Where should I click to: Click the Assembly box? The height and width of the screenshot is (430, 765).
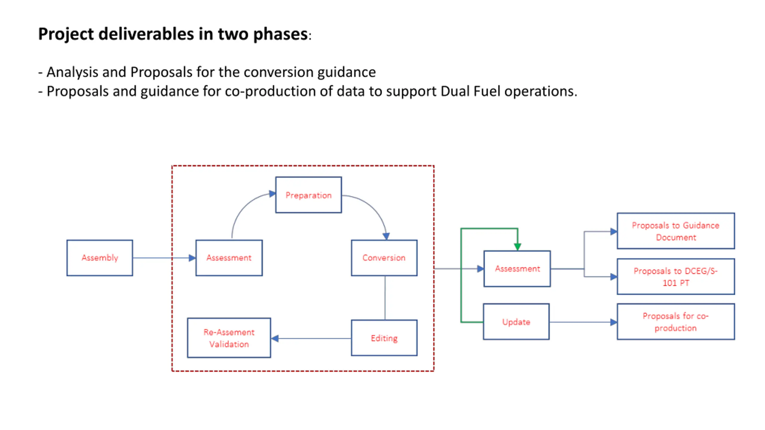[100, 258]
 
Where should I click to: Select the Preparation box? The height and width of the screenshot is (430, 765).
[308, 195]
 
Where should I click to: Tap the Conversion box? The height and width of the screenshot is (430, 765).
[384, 258]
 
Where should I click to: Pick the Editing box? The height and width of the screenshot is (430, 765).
[384, 338]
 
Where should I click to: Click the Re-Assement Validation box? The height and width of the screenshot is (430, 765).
[229, 338]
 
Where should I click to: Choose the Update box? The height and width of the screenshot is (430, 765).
[516, 322]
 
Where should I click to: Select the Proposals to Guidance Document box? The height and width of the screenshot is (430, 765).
[676, 231]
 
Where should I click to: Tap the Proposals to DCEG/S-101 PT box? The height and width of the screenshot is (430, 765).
[676, 277]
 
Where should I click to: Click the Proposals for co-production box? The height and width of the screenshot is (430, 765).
[676, 322]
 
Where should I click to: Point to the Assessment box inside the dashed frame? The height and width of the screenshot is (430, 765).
[229, 258]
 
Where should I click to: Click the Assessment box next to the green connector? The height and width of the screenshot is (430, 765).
[517, 268]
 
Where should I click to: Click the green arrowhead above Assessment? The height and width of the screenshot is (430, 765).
[518, 247]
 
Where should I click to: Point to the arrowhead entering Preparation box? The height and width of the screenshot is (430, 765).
[272, 193]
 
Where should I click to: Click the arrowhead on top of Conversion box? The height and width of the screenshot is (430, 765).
[386, 236]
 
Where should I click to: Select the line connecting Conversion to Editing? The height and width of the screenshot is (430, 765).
[385, 298]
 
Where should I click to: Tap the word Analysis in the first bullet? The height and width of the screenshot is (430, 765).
[72, 72]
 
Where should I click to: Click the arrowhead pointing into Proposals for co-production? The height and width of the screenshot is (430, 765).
[613, 322]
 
